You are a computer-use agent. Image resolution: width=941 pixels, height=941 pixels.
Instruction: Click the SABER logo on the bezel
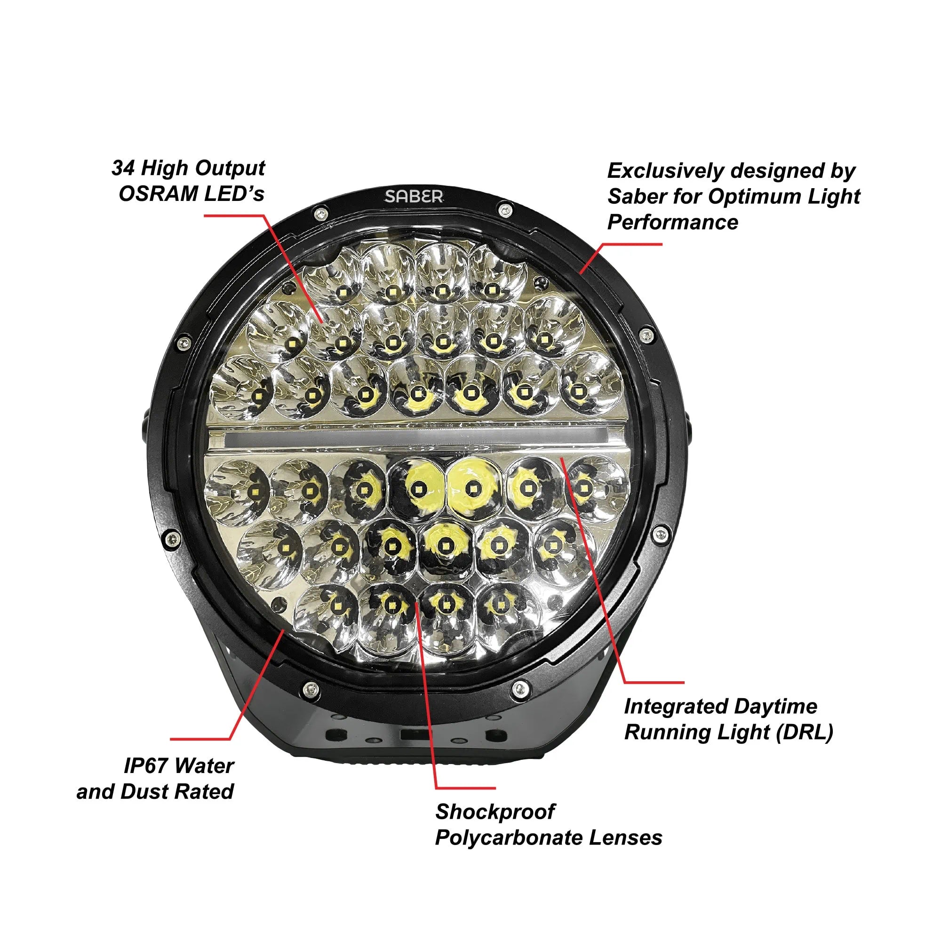point(414,196)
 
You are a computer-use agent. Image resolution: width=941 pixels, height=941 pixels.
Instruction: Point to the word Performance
point(673,223)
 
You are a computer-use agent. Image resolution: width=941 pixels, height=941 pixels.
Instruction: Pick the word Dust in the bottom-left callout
point(143,791)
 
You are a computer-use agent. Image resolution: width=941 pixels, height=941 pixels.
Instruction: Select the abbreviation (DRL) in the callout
point(805,733)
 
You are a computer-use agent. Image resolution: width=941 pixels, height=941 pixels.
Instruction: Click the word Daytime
point(776,707)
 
